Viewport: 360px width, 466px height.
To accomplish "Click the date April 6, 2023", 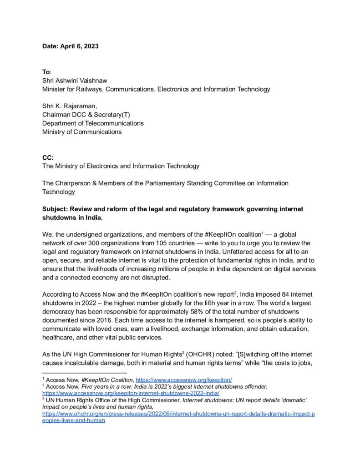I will tap(79, 46).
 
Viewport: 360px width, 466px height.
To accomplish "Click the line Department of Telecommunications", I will tap(93, 123).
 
